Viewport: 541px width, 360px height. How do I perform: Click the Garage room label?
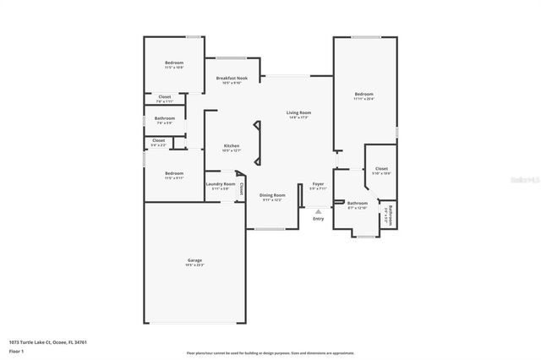click(194, 259)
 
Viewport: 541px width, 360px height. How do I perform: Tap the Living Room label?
click(299, 112)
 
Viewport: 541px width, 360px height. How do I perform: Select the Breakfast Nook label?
click(232, 79)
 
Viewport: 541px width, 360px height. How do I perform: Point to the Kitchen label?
click(232, 145)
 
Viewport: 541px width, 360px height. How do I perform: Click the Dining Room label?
click(273, 195)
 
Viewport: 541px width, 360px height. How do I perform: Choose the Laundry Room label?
click(221, 184)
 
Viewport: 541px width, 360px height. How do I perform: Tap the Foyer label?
click(318, 183)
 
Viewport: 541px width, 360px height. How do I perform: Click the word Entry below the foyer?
click(318, 219)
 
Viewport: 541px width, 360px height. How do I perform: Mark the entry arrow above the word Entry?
click(318, 210)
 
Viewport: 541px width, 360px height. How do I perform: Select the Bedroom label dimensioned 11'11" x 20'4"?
click(364, 94)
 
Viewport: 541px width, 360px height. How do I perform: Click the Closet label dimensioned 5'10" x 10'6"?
click(381, 169)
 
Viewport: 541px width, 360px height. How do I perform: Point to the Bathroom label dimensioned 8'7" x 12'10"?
click(358, 203)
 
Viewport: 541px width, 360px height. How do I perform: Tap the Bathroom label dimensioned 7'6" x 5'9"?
click(165, 118)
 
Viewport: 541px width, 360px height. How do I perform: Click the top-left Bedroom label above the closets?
click(174, 63)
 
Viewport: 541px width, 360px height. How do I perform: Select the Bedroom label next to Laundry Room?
click(174, 173)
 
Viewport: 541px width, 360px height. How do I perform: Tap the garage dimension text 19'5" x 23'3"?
click(194, 265)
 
